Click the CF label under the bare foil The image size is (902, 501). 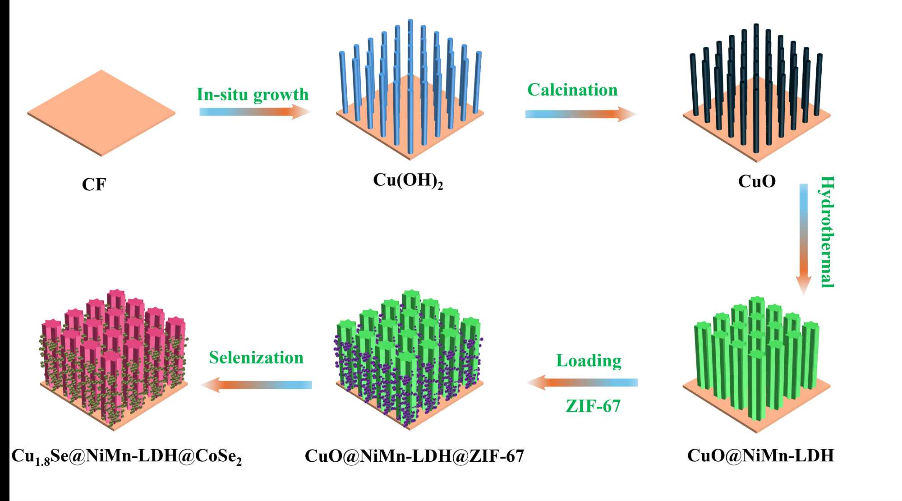[94, 184]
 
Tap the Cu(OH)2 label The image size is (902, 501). [408, 180]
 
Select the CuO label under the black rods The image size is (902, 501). [757, 181]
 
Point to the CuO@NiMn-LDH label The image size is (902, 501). [760, 455]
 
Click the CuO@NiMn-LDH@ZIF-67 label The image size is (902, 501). [414, 456]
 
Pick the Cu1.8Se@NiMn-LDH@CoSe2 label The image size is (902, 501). [126, 456]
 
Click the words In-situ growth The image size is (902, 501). [252, 94]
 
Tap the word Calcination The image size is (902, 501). [572, 90]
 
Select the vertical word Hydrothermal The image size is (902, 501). [827, 231]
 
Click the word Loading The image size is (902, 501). [589, 360]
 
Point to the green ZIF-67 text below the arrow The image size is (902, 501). [593, 406]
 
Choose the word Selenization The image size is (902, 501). [256, 358]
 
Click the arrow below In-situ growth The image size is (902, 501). [255, 111]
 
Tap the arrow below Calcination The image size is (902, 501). [580, 114]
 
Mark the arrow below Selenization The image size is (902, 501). [256, 385]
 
